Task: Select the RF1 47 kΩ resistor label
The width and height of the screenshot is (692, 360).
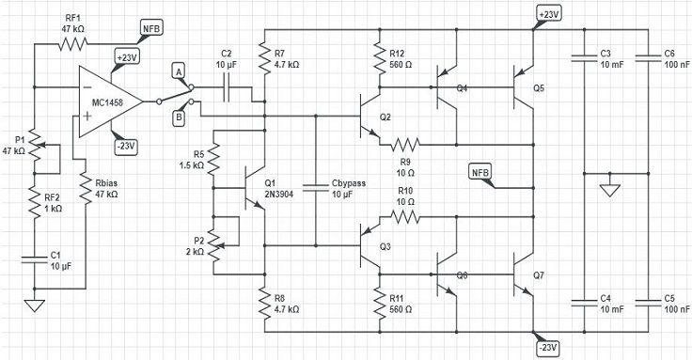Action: pos(73,24)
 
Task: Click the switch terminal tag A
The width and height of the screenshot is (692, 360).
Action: pos(178,70)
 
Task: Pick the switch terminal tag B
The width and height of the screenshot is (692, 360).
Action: pos(178,116)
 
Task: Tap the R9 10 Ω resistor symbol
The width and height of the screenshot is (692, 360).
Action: pos(405,145)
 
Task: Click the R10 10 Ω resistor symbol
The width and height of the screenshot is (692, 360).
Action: pos(405,217)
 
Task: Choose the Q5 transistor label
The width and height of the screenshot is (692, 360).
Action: pos(538,87)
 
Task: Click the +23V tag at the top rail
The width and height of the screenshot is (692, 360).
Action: pos(547,14)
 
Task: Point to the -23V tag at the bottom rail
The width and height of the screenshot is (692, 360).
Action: pos(547,347)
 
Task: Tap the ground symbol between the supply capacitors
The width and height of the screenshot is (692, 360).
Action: pos(609,191)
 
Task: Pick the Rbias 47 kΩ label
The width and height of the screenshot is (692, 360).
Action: pos(102,188)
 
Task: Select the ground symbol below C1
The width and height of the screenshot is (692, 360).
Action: pos(35,305)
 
